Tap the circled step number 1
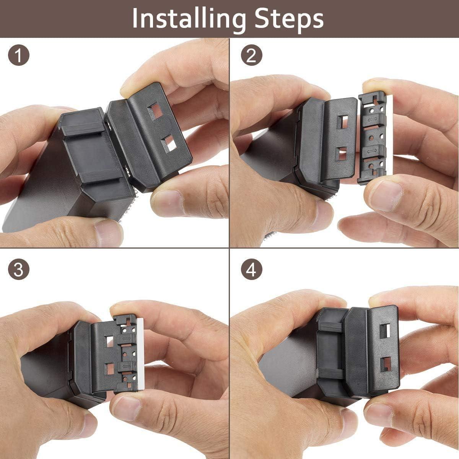pos(18,56)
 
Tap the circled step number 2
pos(251,56)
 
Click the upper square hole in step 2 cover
pos(341,122)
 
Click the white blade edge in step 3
pos(141,352)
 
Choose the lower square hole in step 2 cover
pos(341,154)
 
